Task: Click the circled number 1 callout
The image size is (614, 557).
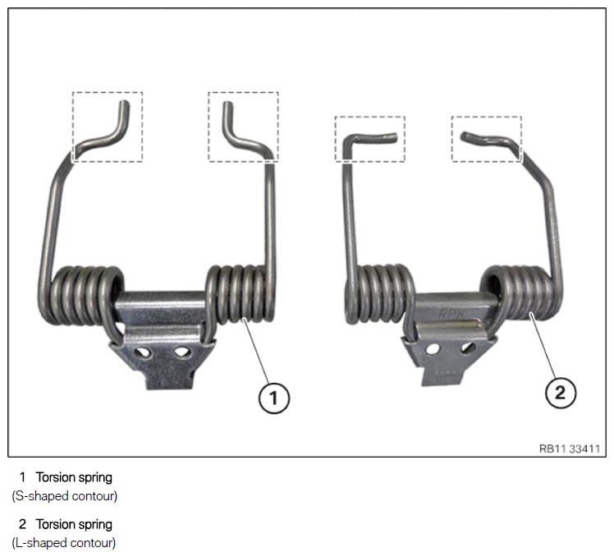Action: coord(273,398)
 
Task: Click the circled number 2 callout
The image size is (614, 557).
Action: coord(561,392)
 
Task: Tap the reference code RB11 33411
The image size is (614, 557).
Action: coord(570,449)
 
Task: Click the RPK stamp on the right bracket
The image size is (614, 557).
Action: coord(451,312)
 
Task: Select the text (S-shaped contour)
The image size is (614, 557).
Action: coord(65,496)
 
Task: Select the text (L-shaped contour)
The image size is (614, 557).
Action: coord(64,543)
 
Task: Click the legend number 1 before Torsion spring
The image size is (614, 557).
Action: coord(22,477)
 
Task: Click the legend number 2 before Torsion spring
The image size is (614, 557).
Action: coord(22,524)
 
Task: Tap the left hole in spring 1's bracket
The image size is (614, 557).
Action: coord(144,352)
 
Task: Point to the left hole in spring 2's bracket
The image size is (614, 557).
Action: coord(433,348)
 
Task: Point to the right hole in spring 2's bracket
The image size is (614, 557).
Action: coord(467,348)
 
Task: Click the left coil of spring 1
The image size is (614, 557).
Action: coord(81,297)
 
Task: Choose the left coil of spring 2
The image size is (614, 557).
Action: coord(379,294)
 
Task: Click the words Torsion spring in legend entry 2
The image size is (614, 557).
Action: coord(74,524)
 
